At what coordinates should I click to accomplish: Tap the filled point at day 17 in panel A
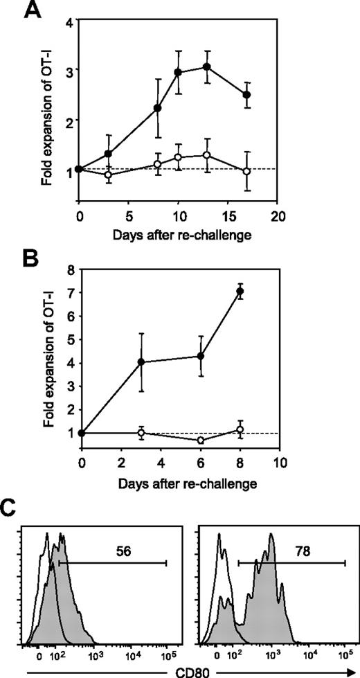pyautogui.click(x=246, y=94)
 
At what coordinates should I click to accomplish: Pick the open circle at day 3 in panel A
pyautogui.click(x=108, y=175)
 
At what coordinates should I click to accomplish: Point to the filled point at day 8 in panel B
pyautogui.click(x=240, y=292)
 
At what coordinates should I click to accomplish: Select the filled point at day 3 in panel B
pyautogui.click(x=141, y=362)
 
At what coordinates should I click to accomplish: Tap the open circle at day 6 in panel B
pyautogui.click(x=201, y=440)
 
